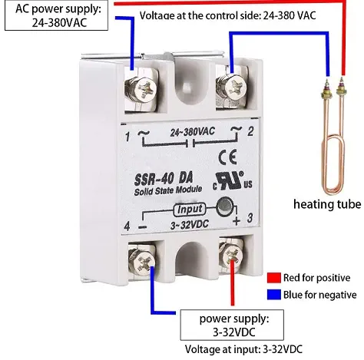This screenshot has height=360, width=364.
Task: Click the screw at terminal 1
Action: (144, 90)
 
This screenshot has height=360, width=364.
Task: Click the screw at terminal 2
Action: (233, 87)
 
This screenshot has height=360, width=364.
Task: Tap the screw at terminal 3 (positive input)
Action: (231, 255)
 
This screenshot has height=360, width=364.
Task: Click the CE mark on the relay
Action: (227, 157)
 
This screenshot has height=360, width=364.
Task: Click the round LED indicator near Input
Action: (224, 206)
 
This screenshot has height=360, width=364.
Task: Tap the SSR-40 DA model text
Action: (164, 179)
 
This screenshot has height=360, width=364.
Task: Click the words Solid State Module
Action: (168, 190)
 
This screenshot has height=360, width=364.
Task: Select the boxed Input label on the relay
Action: (190, 210)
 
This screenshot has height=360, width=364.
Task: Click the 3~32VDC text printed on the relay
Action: (190, 225)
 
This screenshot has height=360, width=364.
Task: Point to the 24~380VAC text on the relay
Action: (193, 132)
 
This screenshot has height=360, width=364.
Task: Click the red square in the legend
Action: (274, 277)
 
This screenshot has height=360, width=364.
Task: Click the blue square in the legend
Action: (274, 294)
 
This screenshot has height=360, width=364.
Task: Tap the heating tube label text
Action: (327, 204)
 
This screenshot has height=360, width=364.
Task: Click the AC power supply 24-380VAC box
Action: (56, 15)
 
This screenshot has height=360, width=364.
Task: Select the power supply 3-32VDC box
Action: (232, 325)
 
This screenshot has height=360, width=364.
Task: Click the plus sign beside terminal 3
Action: (237, 220)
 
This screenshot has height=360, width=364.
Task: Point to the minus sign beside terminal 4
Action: (143, 226)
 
